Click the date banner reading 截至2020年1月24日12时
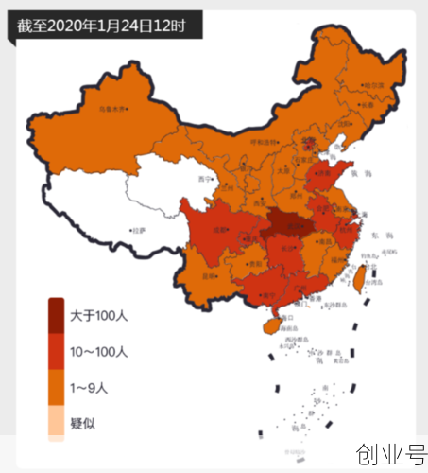102,26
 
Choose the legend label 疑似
82,423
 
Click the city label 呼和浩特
265,142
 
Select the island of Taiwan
358,277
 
